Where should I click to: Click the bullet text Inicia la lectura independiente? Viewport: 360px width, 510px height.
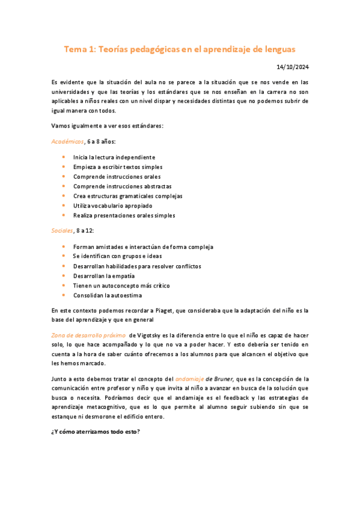[114, 157]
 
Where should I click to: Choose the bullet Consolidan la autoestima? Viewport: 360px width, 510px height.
[108, 295]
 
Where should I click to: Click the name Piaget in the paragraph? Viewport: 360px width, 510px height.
[172, 311]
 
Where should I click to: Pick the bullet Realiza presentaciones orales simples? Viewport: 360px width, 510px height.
[124, 215]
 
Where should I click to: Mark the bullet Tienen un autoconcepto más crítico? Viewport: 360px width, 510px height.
[121, 286]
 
